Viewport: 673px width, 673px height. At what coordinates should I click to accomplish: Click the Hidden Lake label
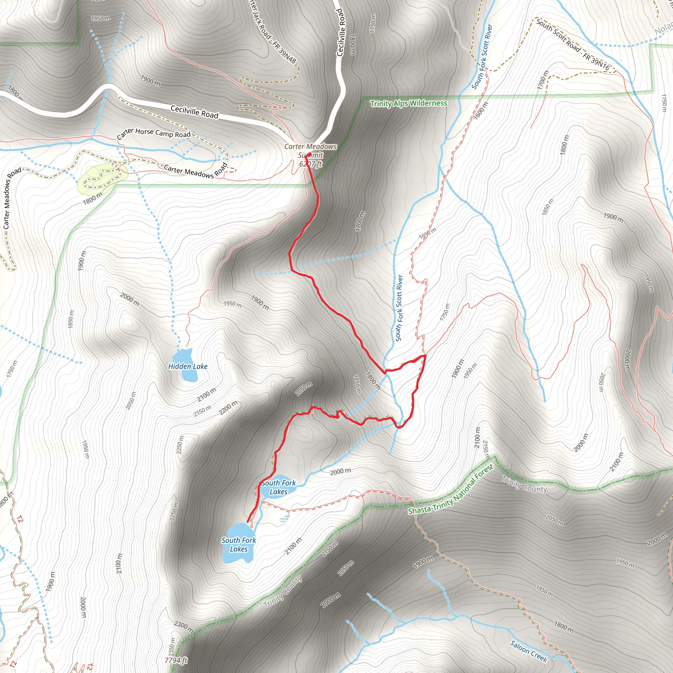pyautogui.click(x=188, y=366)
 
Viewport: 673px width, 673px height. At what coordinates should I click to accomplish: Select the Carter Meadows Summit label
pyautogui.click(x=310, y=151)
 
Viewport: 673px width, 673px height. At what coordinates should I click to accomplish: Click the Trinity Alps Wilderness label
pyautogui.click(x=408, y=103)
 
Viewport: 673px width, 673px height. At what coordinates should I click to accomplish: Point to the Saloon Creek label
pyautogui.click(x=528, y=651)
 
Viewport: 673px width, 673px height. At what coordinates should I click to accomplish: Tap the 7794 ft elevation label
pyautogui.click(x=176, y=660)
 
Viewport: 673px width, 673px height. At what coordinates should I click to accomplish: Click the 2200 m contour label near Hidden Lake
pyautogui.click(x=228, y=408)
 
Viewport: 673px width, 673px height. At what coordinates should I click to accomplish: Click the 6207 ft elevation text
pyautogui.click(x=311, y=164)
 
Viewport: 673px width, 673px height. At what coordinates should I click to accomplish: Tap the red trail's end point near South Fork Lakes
pyautogui.click(x=248, y=522)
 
